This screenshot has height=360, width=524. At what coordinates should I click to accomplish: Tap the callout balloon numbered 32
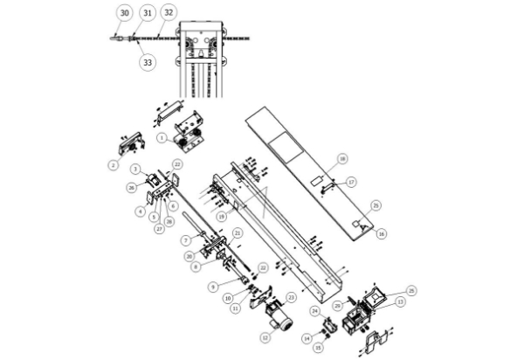(x=169, y=13)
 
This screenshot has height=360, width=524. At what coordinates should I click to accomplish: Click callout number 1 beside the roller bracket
(x=162, y=138)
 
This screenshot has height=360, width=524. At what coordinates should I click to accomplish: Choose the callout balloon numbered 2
(x=113, y=163)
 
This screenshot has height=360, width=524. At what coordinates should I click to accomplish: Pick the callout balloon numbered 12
(x=265, y=336)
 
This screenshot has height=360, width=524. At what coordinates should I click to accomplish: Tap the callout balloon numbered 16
(x=381, y=234)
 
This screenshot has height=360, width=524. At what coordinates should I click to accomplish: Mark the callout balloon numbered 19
(x=222, y=216)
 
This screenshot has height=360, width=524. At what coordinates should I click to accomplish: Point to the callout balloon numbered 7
(x=186, y=239)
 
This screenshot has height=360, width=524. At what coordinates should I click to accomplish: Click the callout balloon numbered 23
(x=291, y=297)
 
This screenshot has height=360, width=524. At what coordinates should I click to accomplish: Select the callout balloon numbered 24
(x=314, y=310)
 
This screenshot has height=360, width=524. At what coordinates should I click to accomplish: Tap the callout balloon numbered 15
(x=318, y=348)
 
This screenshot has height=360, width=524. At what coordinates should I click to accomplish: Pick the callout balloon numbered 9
(x=212, y=285)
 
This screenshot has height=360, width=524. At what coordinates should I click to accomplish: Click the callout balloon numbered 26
(x=131, y=186)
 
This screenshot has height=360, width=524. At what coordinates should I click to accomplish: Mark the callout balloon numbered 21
(x=238, y=232)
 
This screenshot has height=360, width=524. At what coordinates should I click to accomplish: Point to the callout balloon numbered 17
(x=351, y=182)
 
